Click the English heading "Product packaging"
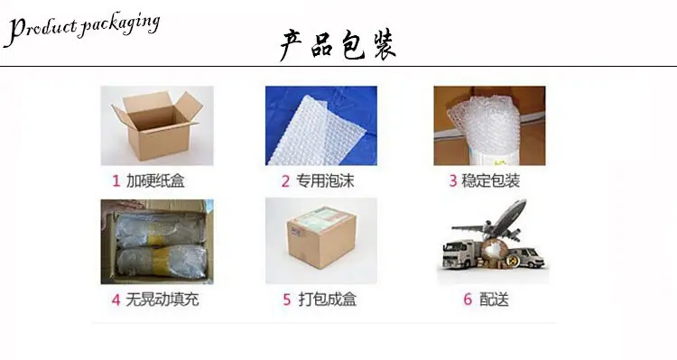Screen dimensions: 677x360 [82, 29]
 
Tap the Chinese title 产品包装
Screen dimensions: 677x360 [338, 45]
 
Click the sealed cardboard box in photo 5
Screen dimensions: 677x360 [321, 239]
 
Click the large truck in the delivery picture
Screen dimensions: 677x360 [461, 254]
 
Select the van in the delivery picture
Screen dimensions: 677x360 [527, 257]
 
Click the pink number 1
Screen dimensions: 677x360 [116, 180]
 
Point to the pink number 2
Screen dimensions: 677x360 [285, 181]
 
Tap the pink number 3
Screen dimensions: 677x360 [453, 180]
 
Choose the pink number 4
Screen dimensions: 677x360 [116, 300]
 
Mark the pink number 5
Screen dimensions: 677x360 [287, 300]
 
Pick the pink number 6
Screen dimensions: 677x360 [468, 299]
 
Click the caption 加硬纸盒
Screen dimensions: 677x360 [155, 180]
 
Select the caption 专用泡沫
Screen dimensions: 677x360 [325, 180]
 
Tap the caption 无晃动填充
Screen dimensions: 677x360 [162, 300]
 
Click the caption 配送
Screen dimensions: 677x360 [495, 299]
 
